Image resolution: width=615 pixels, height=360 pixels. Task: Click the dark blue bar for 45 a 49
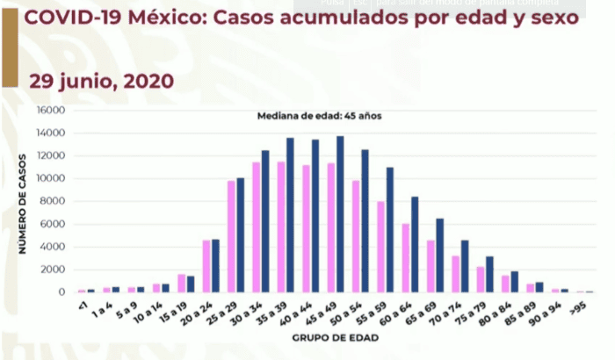point(340,214)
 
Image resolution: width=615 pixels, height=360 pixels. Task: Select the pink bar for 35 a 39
point(281,227)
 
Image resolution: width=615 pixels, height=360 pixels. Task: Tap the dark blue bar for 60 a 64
point(415,244)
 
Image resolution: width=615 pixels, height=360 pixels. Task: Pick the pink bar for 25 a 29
point(231,236)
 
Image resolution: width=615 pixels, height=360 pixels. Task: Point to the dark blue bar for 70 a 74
point(465,266)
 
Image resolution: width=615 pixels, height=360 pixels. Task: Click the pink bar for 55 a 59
point(381,247)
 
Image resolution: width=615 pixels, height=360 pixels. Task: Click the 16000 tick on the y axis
point(52,111)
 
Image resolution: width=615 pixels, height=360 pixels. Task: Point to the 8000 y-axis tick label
point(54,201)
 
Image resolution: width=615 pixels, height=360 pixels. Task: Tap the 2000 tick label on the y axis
point(54,269)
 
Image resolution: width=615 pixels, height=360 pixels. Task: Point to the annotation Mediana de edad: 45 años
point(319,116)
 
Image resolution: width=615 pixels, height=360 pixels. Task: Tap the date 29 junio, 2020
point(101,81)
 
